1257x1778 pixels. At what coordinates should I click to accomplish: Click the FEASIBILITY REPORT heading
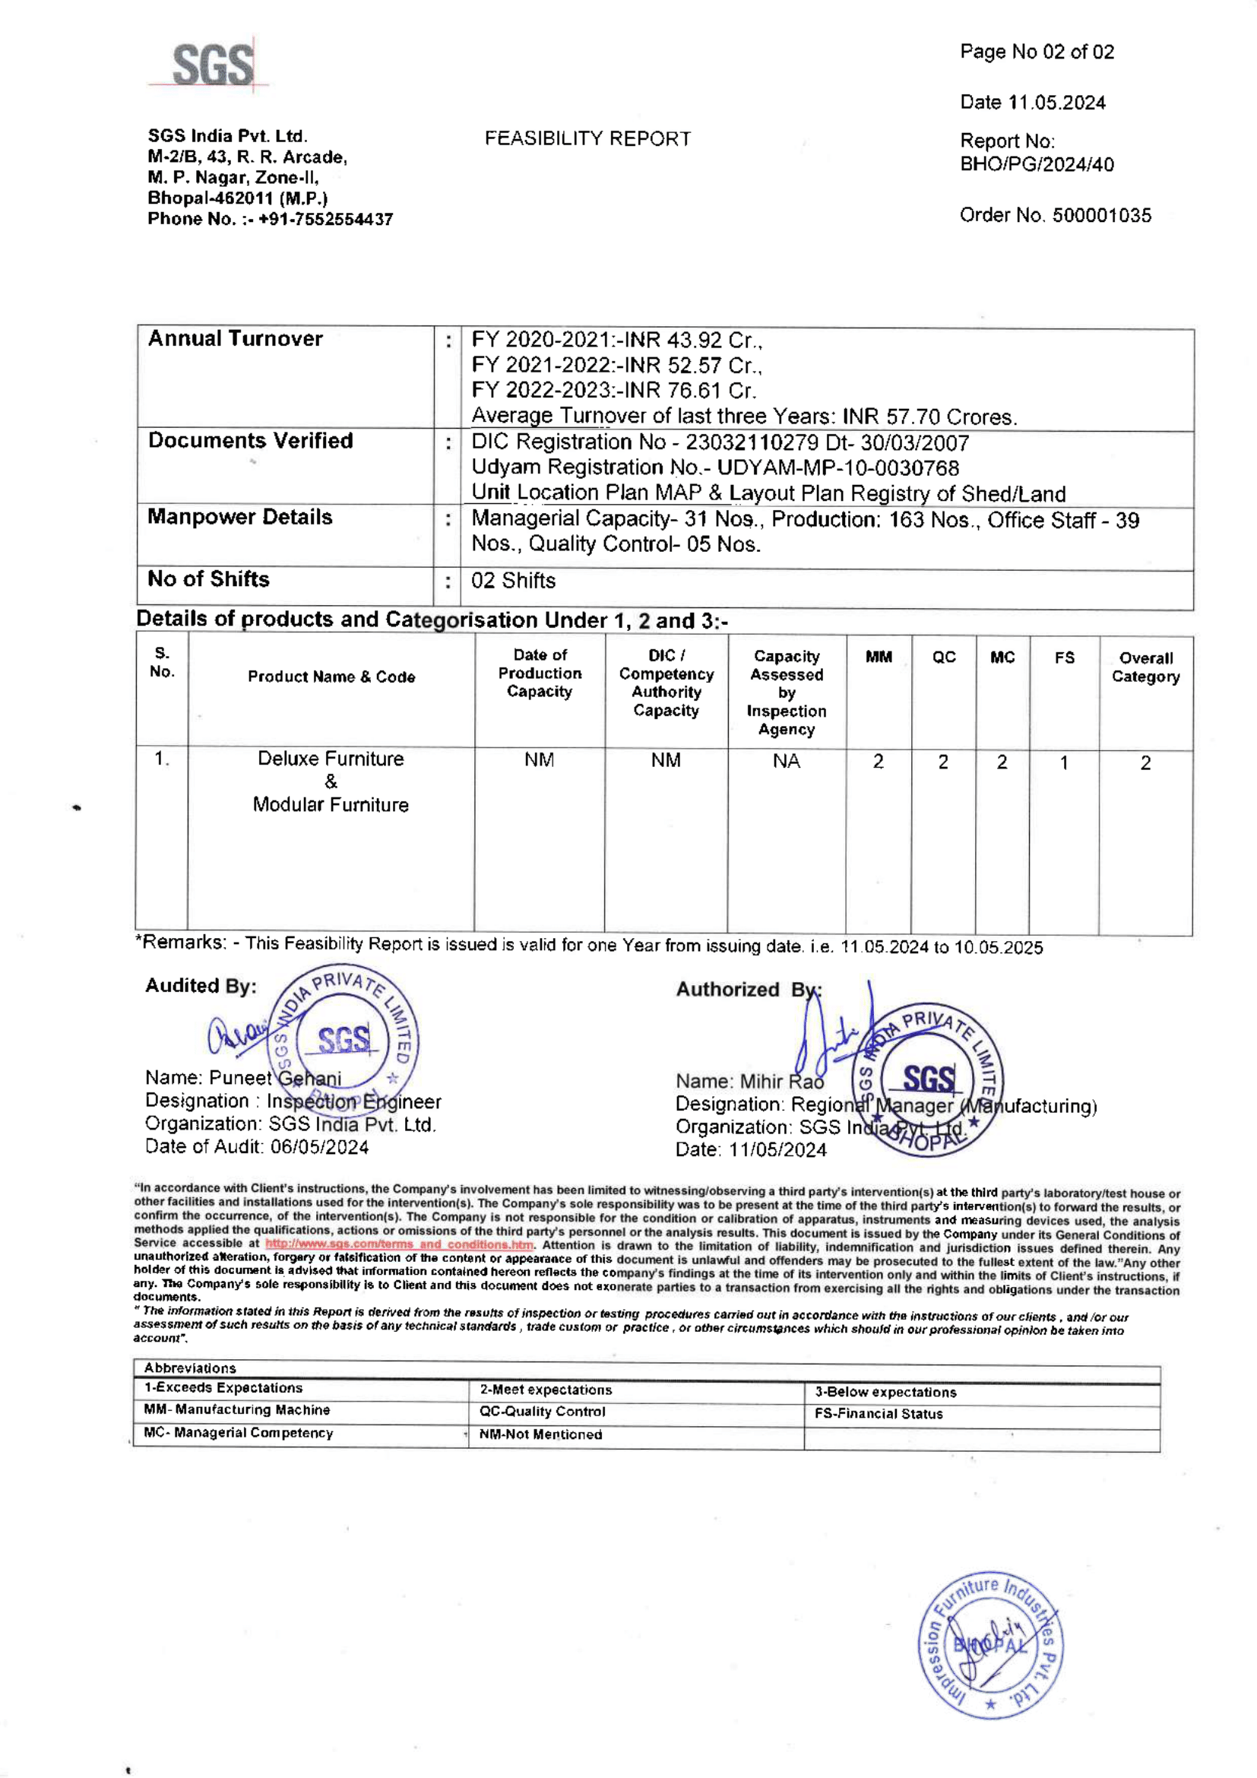tap(587, 138)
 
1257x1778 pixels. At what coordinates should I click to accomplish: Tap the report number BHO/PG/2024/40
tap(1037, 164)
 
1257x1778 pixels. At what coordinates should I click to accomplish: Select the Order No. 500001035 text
tap(1055, 215)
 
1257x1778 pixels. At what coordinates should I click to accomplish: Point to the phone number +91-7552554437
tap(325, 219)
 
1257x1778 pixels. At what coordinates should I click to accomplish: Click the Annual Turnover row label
tap(236, 338)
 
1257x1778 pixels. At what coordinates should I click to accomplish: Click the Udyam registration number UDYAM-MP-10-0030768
tap(837, 467)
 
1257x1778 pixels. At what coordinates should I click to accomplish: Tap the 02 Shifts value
tap(513, 581)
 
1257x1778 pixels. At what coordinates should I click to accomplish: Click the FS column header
tap(1064, 658)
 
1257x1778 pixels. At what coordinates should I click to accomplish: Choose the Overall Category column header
tap(1145, 667)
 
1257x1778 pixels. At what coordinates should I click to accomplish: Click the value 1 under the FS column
tap(1064, 762)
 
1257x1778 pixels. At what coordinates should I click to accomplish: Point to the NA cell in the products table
tap(787, 761)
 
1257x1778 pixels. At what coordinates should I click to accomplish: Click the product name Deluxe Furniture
tap(331, 759)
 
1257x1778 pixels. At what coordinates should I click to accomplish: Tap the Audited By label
tap(201, 986)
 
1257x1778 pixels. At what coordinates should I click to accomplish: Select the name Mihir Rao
tap(782, 1081)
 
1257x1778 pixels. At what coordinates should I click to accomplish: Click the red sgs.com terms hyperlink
tap(400, 1244)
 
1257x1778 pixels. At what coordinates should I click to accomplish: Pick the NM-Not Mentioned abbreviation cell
tap(540, 1434)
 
